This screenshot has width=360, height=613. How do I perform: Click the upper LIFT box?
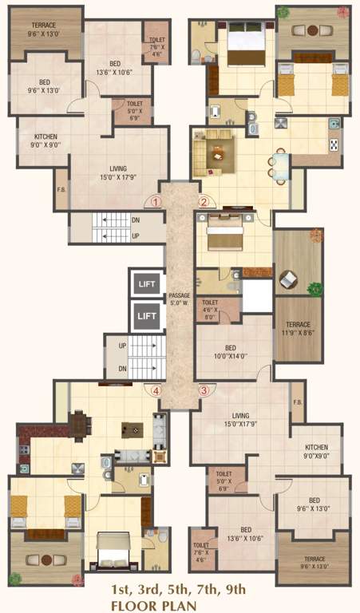tap(146, 283)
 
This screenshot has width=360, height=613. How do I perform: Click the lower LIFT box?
tap(146, 315)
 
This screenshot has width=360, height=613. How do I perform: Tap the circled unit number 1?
tap(156, 202)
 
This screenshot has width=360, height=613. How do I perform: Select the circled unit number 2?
tap(204, 202)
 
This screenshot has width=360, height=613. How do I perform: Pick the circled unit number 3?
tap(204, 390)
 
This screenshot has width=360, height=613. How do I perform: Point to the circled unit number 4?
tap(156, 390)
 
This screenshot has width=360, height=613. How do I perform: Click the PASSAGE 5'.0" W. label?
tap(180, 300)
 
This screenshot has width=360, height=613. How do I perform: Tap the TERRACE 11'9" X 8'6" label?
tap(298, 330)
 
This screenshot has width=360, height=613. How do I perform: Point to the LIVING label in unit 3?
tap(241, 420)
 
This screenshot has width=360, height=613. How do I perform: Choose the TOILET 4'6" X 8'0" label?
tap(210, 308)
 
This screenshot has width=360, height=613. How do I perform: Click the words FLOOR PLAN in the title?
tap(180, 604)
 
